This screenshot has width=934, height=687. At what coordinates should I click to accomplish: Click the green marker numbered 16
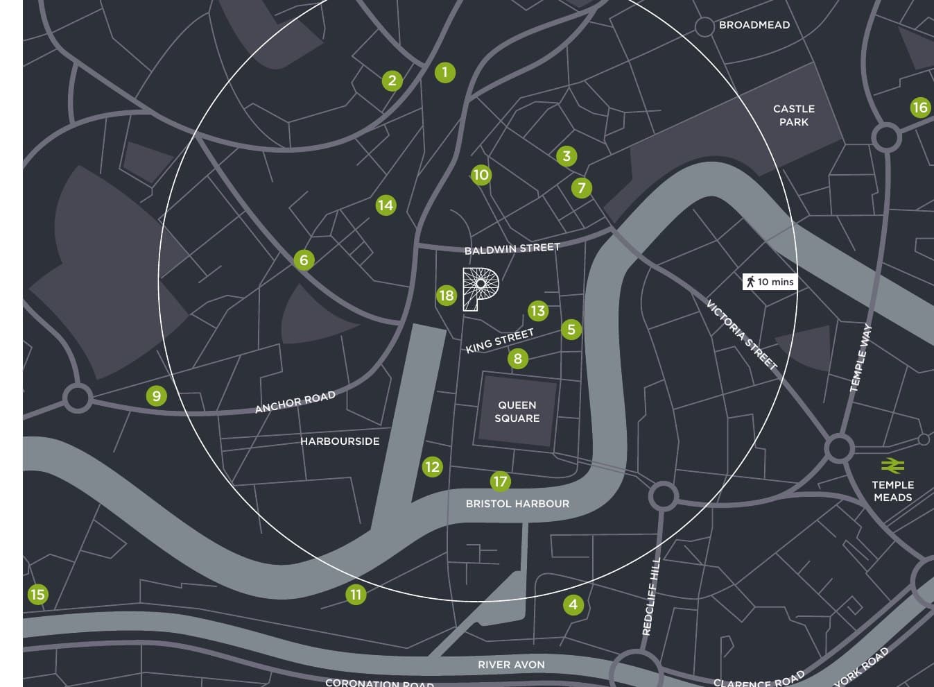[x=919, y=108]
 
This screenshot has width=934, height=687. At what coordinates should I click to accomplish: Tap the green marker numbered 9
[x=157, y=396]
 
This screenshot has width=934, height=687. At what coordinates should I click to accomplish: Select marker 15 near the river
[x=37, y=595]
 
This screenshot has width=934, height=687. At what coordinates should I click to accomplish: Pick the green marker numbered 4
[x=573, y=604]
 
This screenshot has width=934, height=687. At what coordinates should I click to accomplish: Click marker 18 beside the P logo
[x=447, y=296]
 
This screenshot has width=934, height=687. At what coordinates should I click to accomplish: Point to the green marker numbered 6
[x=304, y=260]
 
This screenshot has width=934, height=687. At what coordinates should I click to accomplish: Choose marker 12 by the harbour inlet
[x=432, y=467]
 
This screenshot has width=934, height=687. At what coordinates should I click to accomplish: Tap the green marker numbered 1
[x=445, y=72]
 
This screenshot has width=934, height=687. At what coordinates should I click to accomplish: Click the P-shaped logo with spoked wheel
[x=481, y=289]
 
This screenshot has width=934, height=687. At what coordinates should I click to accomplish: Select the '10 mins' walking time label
[x=769, y=282]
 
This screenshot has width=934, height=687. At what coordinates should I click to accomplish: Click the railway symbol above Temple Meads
[x=892, y=465]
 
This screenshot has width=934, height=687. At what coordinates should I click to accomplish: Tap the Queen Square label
[x=517, y=412]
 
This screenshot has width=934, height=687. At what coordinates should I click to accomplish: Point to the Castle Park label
[x=794, y=115]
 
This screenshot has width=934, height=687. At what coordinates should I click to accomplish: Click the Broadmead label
[x=754, y=25]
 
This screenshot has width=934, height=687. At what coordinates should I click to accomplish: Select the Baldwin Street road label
[x=512, y=248]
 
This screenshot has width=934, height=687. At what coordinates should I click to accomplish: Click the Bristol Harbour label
[x=517, y=504]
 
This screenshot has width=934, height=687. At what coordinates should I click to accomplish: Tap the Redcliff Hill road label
[x=650, y=597]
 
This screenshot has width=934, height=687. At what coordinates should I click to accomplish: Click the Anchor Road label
[x=295, y=402]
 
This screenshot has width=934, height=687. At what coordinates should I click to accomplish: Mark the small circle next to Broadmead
[x=704, y=27]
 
